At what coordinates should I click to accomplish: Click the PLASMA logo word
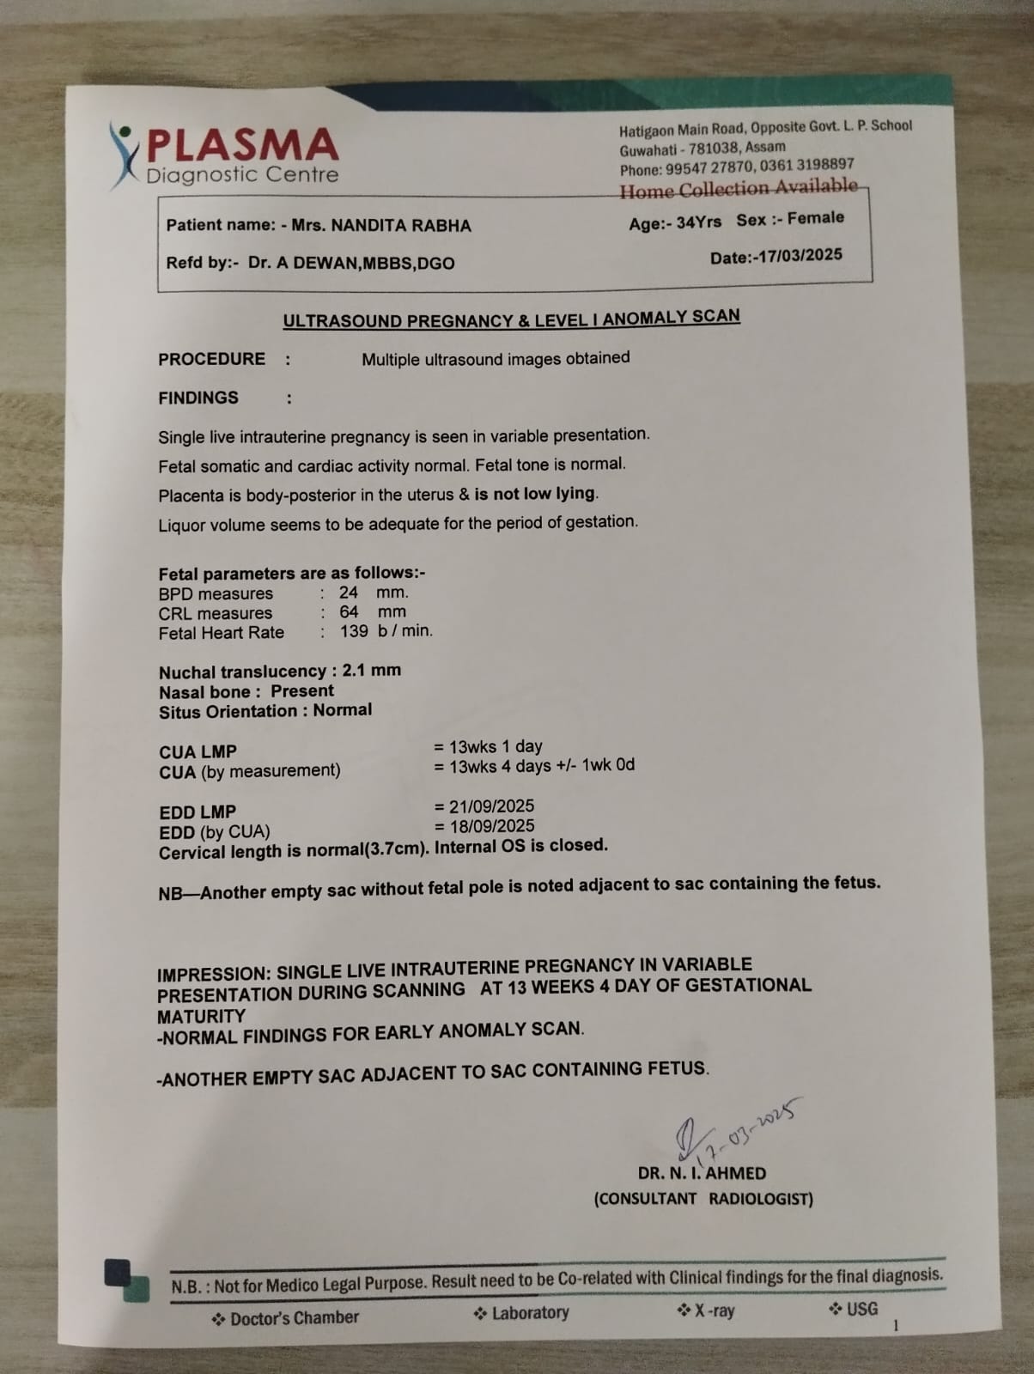tap(243, 144)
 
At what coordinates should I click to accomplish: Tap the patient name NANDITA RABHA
tap(401, 226)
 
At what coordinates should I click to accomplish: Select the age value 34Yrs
tap(698, 222)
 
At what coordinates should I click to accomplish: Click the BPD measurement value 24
tap(348, 593)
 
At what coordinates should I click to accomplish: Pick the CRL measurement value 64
tap(348, 612)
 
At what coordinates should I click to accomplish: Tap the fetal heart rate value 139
tap(354, 631)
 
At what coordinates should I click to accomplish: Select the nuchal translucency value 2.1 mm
tap(371, 671)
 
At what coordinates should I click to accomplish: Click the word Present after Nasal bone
tap(302, 691)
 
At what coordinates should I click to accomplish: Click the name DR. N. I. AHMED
tap(702, 1173)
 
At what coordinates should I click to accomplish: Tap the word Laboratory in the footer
tap(530, 1313)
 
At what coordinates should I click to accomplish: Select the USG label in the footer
tap(861, 1309)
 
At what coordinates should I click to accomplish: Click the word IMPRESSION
tap(213, 975)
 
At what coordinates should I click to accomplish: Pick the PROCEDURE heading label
tap(211, 360)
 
